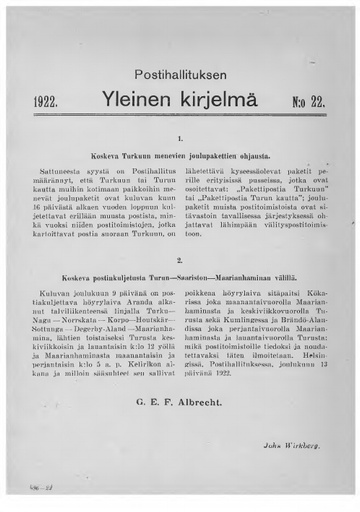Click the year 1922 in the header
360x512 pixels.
[x=47, y=101]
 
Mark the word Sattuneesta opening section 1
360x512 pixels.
[x=63, y=173]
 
